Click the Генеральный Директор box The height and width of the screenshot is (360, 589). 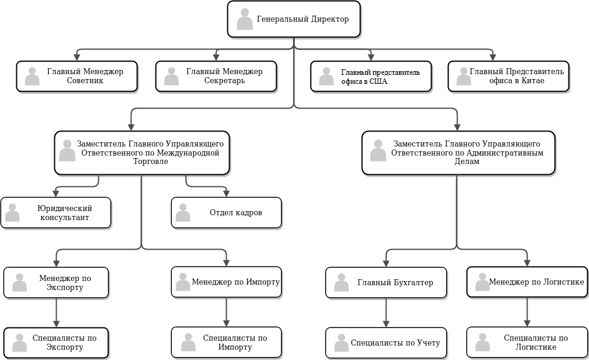click(294, 19)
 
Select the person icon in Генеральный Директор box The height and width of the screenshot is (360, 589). click(245, 19)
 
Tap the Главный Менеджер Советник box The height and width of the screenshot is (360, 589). click(77, 76)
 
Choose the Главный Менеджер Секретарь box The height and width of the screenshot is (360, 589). click(216, 76)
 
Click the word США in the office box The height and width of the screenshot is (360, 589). click(377, 81)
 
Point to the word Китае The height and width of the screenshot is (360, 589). click(530, 80)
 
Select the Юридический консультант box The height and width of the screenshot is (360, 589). click(56, 212)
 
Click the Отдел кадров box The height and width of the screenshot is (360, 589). click(226, 212)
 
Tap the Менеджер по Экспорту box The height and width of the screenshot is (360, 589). click(56, 283)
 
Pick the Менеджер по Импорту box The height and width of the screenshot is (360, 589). click(226, 283)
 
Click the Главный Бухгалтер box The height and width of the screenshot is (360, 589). click(386, 283)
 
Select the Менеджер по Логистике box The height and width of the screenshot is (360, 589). click(527, 282)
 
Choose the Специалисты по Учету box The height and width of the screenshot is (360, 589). click(386, 343)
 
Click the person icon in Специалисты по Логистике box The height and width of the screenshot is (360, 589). click(482, 343)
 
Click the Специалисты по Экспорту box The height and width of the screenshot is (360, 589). click(56, 343)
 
